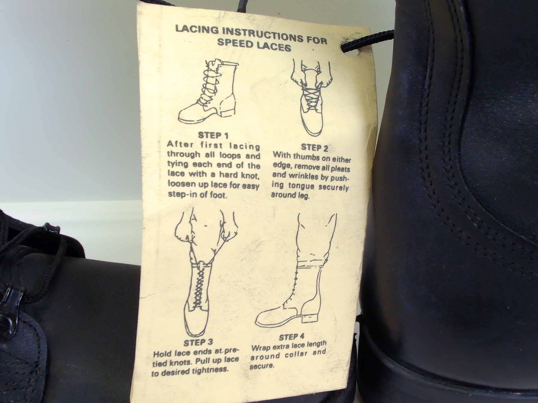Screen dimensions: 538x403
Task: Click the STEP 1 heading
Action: click(213, 135)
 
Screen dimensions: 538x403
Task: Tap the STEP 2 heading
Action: click(314, 147)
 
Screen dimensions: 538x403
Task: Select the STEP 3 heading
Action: click(198, 342)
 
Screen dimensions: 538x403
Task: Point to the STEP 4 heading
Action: click(292, 337)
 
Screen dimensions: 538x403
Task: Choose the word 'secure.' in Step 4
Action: click(262, 365)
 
